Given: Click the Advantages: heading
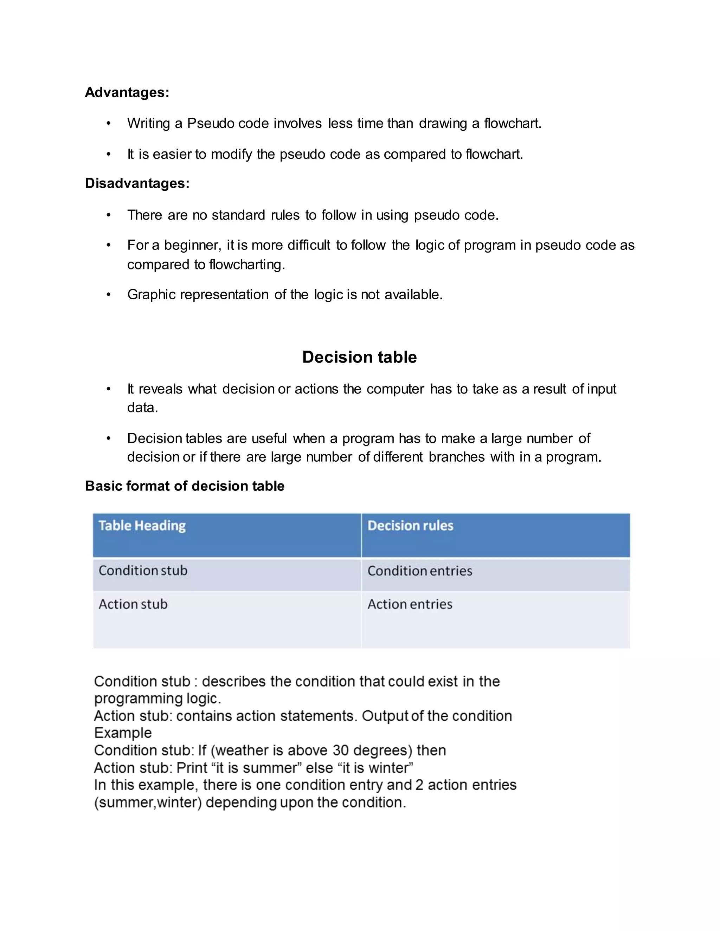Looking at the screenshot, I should point(127,92).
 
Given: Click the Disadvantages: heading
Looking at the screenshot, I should point(137,183).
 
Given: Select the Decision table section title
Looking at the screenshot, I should point(359,357).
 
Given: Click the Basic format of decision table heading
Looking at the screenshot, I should point(184,486).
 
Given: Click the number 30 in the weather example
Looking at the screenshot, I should point(340,750).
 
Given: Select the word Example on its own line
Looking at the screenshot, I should point(123,733).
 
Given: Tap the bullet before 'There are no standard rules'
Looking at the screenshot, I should point(108,215).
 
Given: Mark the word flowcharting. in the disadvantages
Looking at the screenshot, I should point(247,265).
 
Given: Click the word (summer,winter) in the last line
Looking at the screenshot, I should point(148,802).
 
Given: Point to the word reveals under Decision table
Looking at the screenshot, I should point(160,389).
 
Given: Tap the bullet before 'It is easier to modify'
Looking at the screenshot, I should point(108,154).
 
